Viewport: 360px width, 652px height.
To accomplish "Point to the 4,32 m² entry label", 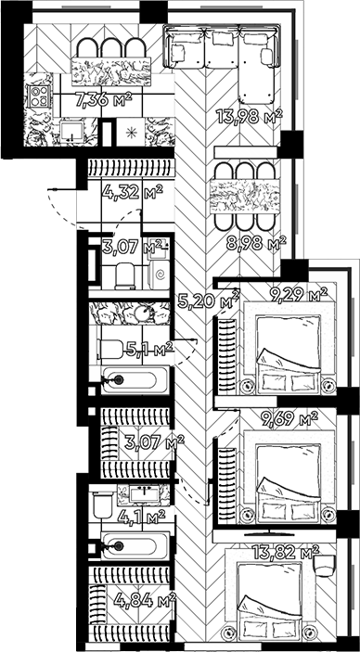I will [131, 193].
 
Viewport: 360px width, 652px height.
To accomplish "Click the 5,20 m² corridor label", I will [207, 299].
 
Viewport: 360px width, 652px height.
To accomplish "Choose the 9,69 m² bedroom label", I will [288, 419].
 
